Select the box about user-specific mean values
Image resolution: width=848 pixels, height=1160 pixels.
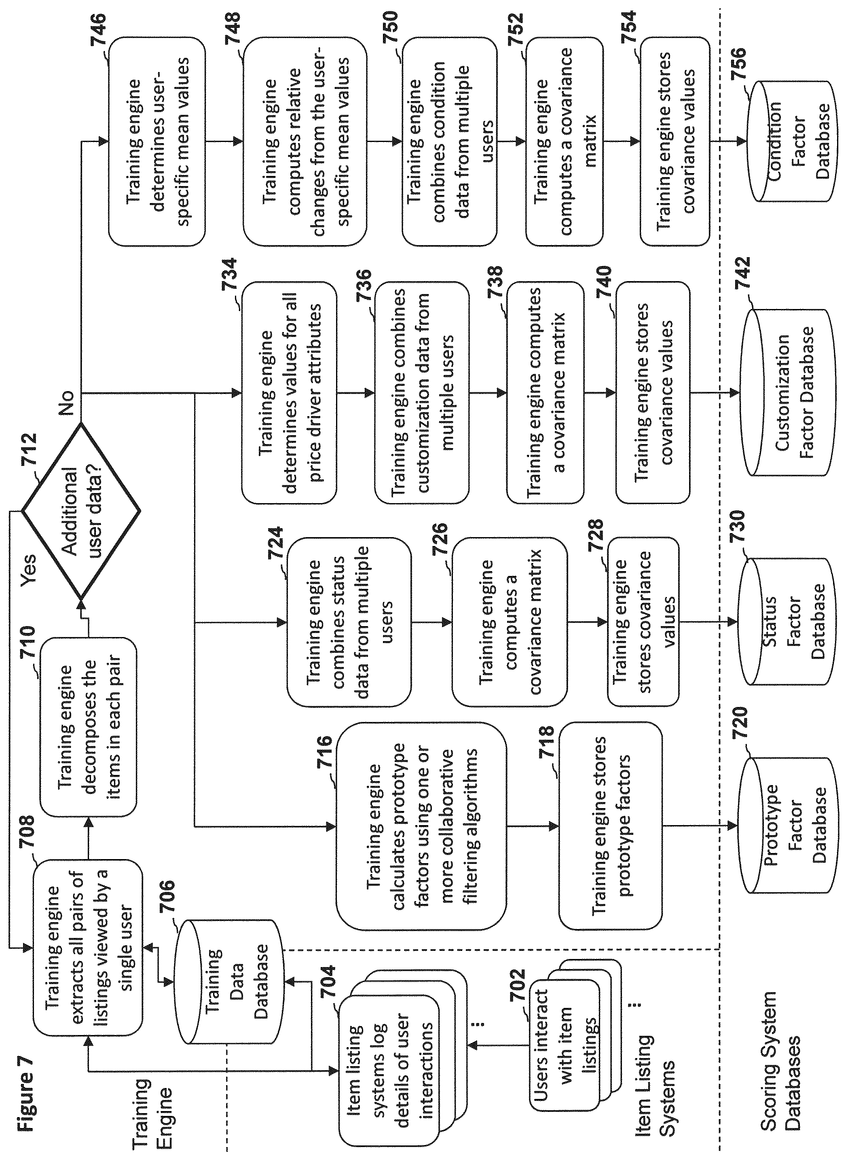point(156,141)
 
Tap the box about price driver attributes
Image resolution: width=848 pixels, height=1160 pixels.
point(289,393)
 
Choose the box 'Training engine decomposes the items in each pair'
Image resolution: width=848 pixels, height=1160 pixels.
point(88,727)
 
